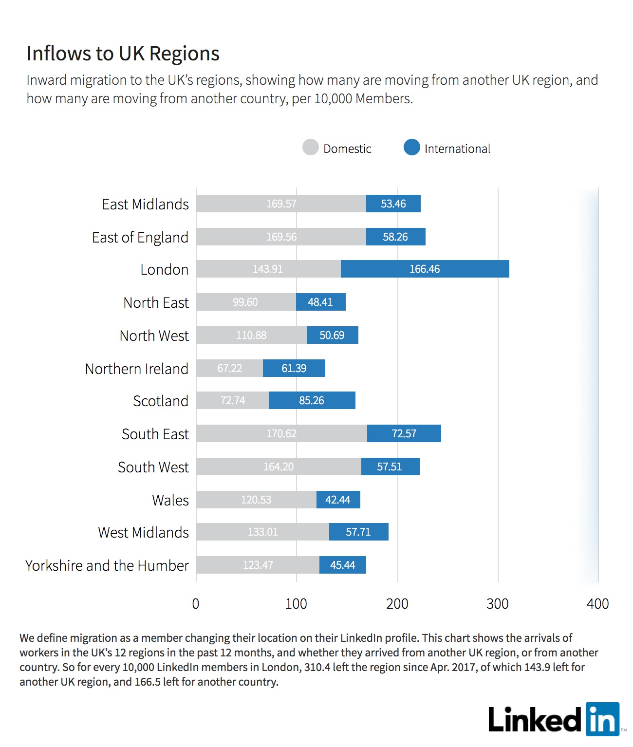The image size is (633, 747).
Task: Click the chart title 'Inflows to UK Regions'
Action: coord(123,54)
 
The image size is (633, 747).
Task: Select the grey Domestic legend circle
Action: coord(310,147)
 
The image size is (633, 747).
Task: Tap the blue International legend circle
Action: coord(411,147)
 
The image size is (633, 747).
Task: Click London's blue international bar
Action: coord(425,269)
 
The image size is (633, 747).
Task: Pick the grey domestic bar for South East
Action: coord(282,433)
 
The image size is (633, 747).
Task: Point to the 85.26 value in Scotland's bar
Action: coord(312,400)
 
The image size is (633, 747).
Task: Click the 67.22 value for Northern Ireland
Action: coord(229,368)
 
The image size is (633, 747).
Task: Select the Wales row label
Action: coord(170,500)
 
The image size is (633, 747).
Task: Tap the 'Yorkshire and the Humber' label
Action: coord(107,565)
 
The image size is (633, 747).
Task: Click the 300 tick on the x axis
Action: coord(498,604)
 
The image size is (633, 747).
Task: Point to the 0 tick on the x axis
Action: coord(196,604)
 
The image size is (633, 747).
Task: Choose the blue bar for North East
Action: coord(321,302)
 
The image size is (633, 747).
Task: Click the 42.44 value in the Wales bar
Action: coord(338,500)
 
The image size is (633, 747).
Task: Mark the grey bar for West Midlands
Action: coord(262,532)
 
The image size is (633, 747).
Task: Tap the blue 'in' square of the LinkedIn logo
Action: coord(603,719)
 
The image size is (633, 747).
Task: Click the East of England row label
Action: coord(140,238)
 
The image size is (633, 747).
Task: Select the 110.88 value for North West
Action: coord(251,335)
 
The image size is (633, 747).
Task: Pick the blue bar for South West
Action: coord(391,467)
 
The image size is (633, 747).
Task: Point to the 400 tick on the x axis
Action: coord(598,604)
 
